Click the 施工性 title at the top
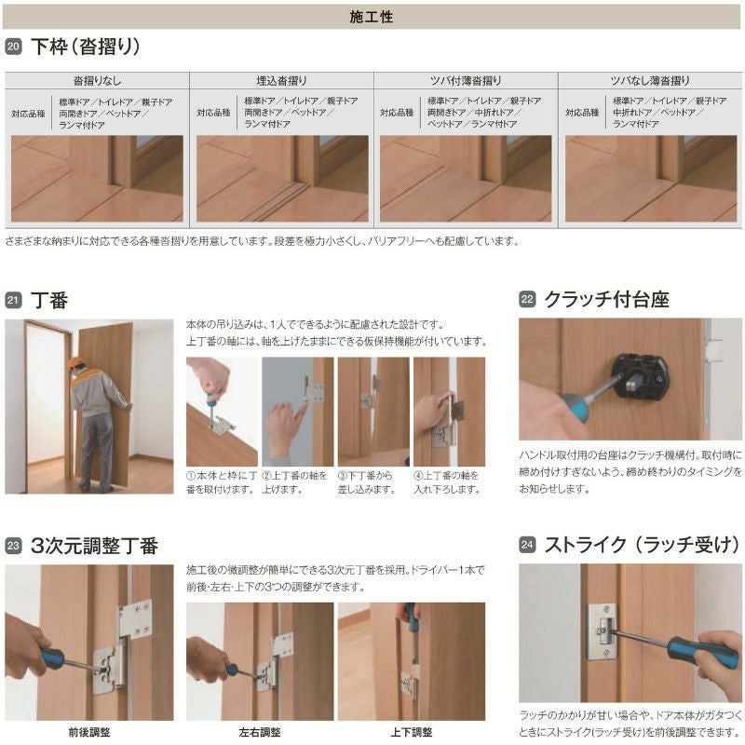pyautogui.click(x=372, y=16)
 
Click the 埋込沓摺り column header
pyautogui.click(x=281, y=81)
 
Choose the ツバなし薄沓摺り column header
pyautogui.click(x=650, y=81)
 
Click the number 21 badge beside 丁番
pyautogui.click(x=13, y=300)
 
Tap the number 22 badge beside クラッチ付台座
pyautogui.click(x=527, y=300)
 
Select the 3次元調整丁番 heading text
pyautogui.click(x=94, y=546)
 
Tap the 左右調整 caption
pyautogui.click(x=260, y=732)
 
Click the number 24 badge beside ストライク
pyautogui.click(x=527, y=546)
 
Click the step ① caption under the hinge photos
pyautogui.click(x=222, y=482)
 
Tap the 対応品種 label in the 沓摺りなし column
pyautogui.click(x=29, y=112)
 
